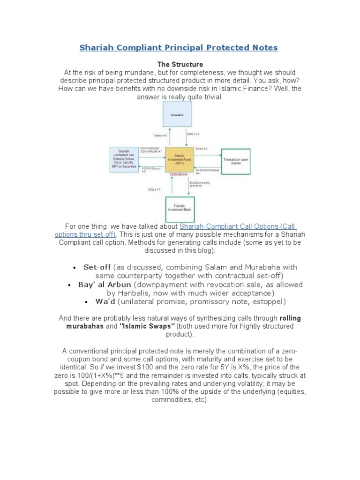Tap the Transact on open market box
coord(235,161)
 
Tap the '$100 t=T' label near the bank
coord(154,189)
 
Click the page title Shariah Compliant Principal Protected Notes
coord(179,48)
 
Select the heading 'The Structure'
coord(180,64)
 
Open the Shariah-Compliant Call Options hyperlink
coord(237,226)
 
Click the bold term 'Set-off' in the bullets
coord(97,267)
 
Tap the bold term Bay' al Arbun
coord(105,285)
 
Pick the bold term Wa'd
coord(105,301)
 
